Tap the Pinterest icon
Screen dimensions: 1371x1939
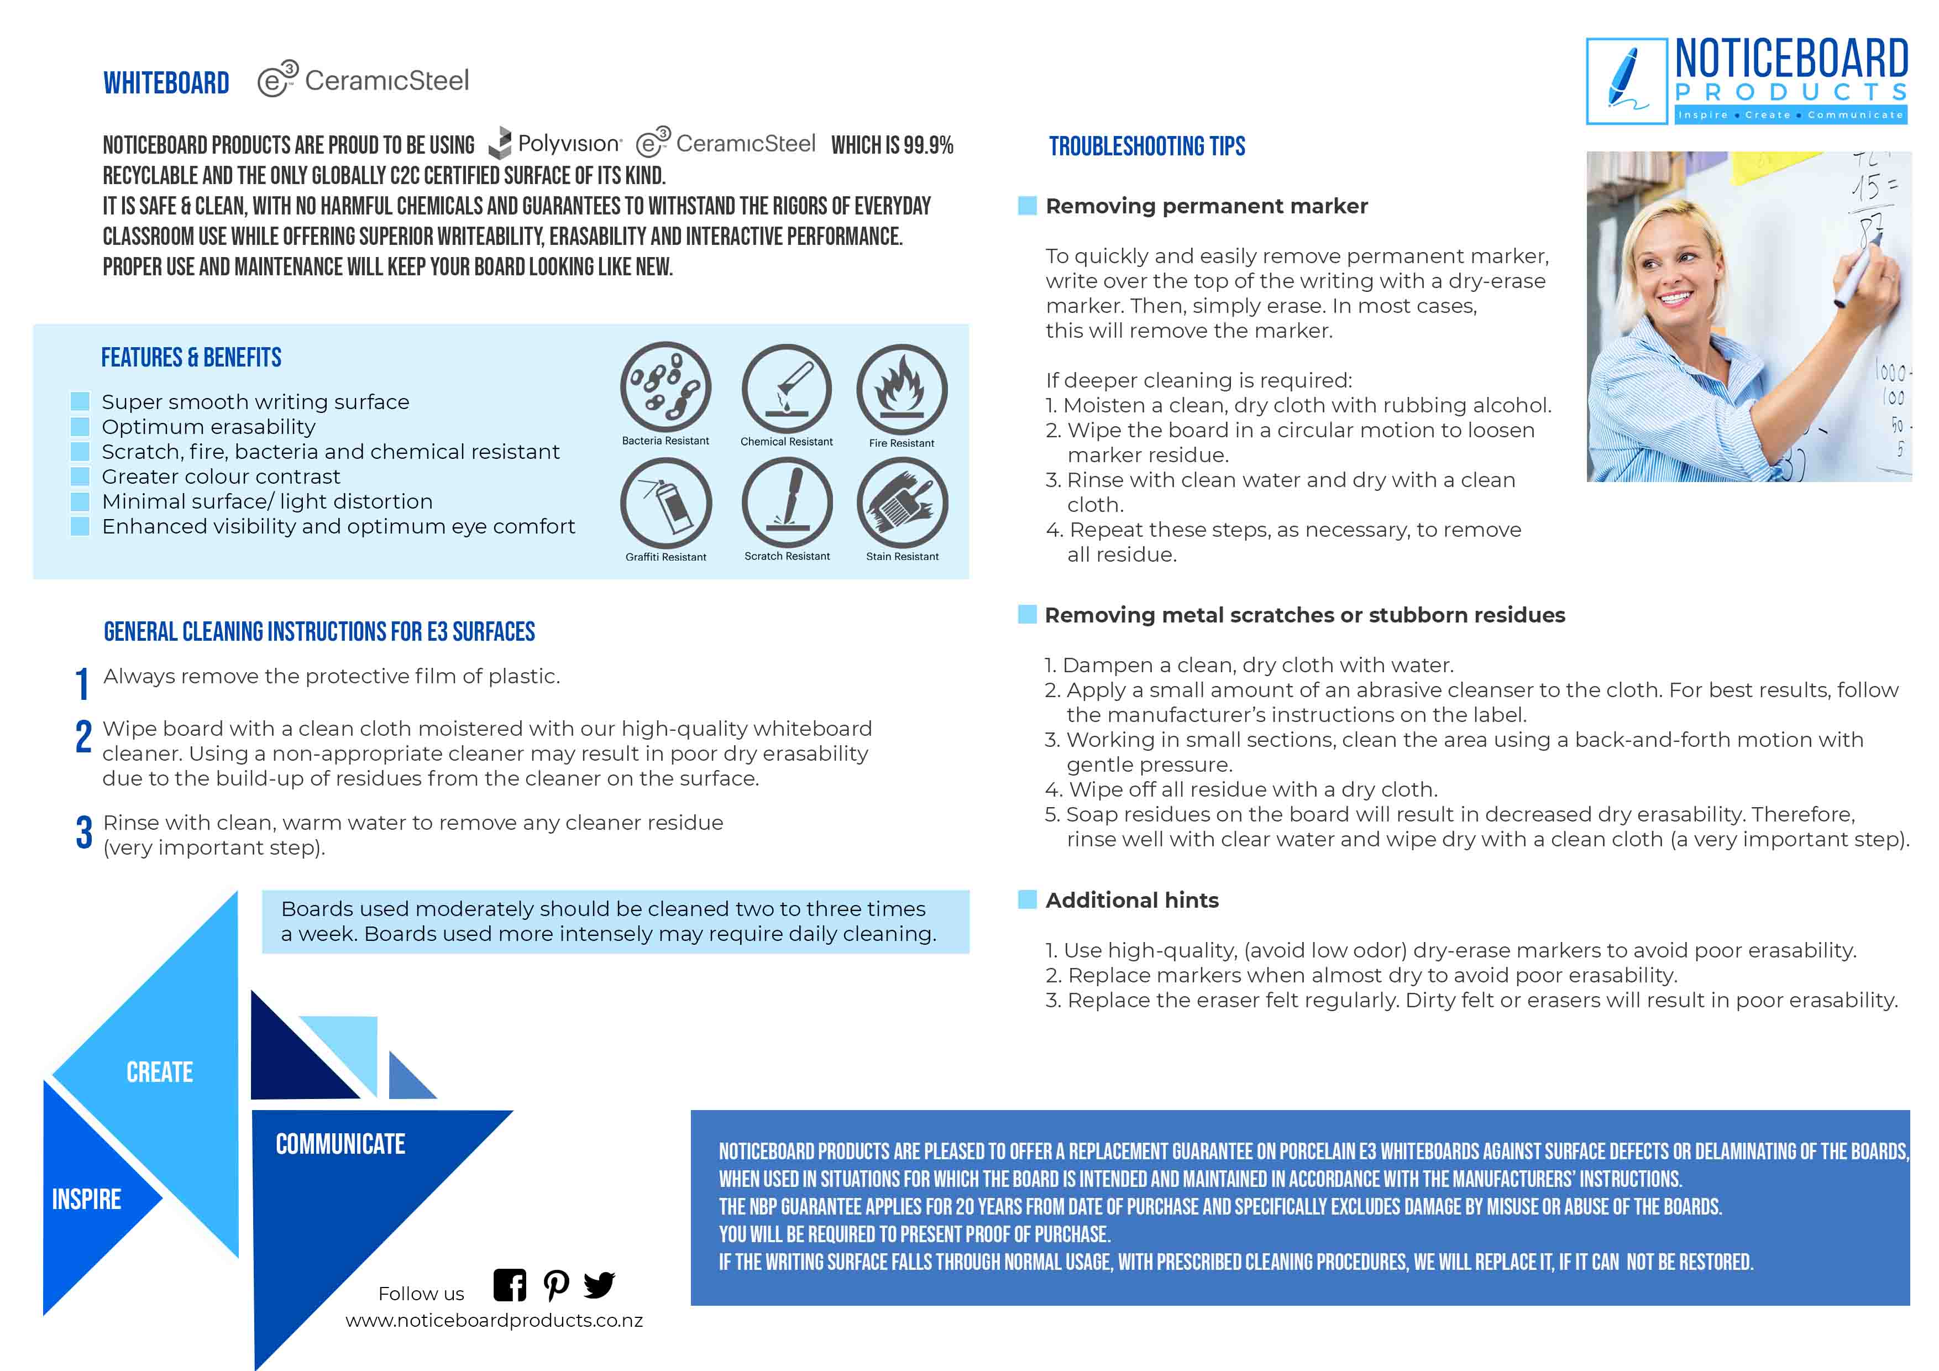pos(556,1286)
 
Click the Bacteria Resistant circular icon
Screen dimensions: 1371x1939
pos(665,387)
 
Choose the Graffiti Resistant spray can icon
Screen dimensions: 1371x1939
pos(665,504)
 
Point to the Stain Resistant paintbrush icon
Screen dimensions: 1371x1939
pos(902,504)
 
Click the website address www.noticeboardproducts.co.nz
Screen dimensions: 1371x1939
pos(494,1320)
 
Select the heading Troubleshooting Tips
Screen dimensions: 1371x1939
pos(1147,146)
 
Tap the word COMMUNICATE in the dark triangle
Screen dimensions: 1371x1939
pos(340,1144)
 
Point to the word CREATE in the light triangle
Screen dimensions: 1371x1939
pos(160,1072)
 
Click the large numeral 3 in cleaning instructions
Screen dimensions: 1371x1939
pos(83,832)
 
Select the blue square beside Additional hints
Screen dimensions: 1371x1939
pos(1027,899)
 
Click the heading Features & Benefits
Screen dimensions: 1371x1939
pos(191,357)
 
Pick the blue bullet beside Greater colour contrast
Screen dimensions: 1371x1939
pos(80,477)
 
